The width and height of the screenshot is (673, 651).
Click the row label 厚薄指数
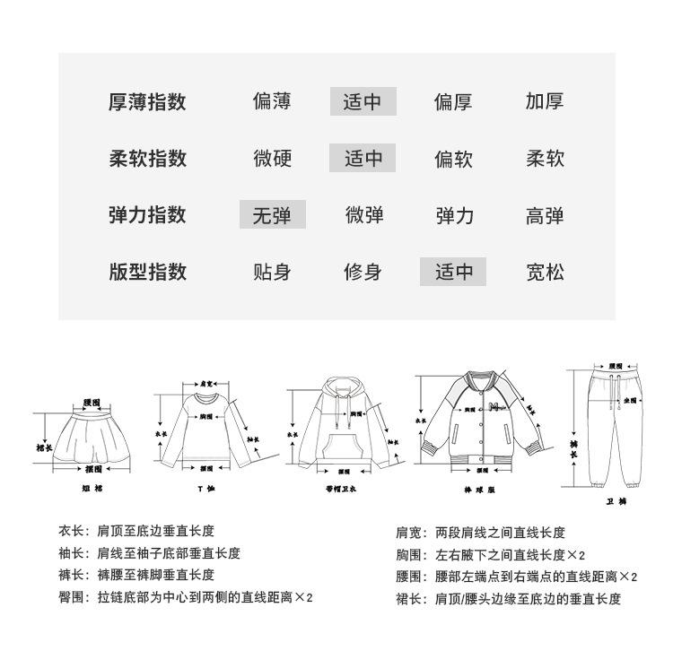click(x=147, y=101)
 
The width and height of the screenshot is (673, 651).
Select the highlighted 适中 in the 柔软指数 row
click(x=363, y=159)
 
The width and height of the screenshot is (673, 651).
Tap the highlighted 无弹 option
click(x=272, y=215)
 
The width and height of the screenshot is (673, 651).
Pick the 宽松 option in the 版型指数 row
click(x=545, y=272)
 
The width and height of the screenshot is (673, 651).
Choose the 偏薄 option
click(x=271, y=101)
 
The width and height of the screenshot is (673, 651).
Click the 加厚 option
click(x=545, y=101)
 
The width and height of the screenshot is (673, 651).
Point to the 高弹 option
click(x=545, y=215)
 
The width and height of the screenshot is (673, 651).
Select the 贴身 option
click(x=271, y=272)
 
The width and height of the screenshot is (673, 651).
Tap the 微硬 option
click(x=272, y=159)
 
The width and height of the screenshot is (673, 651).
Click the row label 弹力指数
click(x=147, y=215)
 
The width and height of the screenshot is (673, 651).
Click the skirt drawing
click(x=92, y=435)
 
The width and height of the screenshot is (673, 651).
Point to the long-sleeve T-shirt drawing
click(x=205, y=429)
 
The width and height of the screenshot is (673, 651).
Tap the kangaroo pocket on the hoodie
click(x=341, y=446)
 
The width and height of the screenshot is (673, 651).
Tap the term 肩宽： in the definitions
click(x=410, y=533)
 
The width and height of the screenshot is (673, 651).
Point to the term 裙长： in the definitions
click(x=410, y=599)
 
